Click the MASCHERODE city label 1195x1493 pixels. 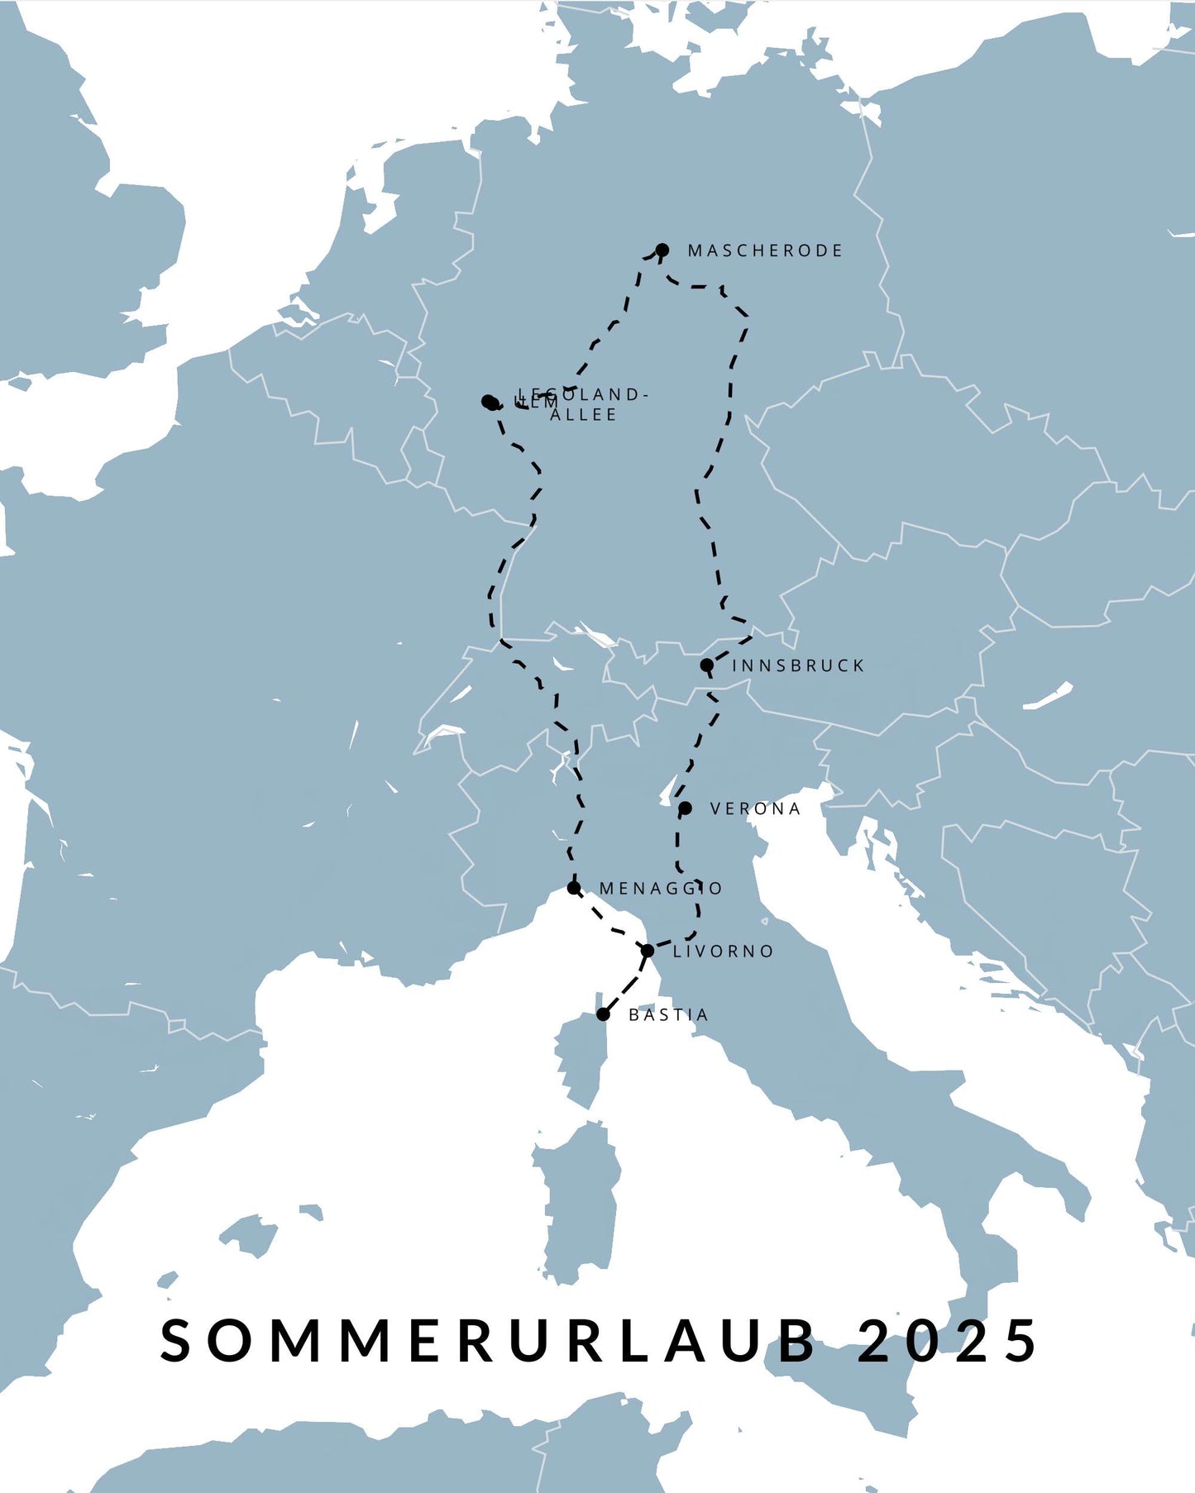(765, 250)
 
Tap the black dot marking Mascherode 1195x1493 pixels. (662, 250)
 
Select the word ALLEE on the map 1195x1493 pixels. (584, 415)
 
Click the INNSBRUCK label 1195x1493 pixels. (798, 665)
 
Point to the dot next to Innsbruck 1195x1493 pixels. (707, 665)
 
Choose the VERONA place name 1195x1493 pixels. (756, 809)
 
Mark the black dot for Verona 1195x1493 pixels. (685, 808)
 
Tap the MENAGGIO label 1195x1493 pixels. (661, 889)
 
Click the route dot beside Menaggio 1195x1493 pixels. (574, 888)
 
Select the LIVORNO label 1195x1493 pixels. (724, 952)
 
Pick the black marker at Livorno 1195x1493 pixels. (648, 951)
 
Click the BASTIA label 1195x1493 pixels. (668, 1015)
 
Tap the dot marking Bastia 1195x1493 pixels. (604, 1014)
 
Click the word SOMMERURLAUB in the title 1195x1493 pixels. (488, 1340)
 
